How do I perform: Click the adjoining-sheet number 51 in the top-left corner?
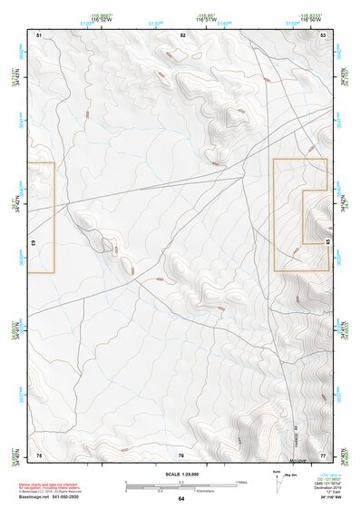(x=39, y=34)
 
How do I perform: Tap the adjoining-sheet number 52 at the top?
(x=181, y=34)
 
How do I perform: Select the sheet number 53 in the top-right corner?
(x=324, y=34)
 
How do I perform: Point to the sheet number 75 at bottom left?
(x=39, y=455)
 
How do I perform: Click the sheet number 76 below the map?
(x=181, y=455)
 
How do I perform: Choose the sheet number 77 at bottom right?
(x=323, y=455)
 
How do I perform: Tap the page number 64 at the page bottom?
(x=181, y=499)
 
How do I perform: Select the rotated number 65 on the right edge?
(x=327, y=243)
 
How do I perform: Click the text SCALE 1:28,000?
(x=180, y=474)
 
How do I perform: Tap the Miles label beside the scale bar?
(x=240, y=481)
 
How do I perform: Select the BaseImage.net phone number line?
(x=44, y=498)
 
